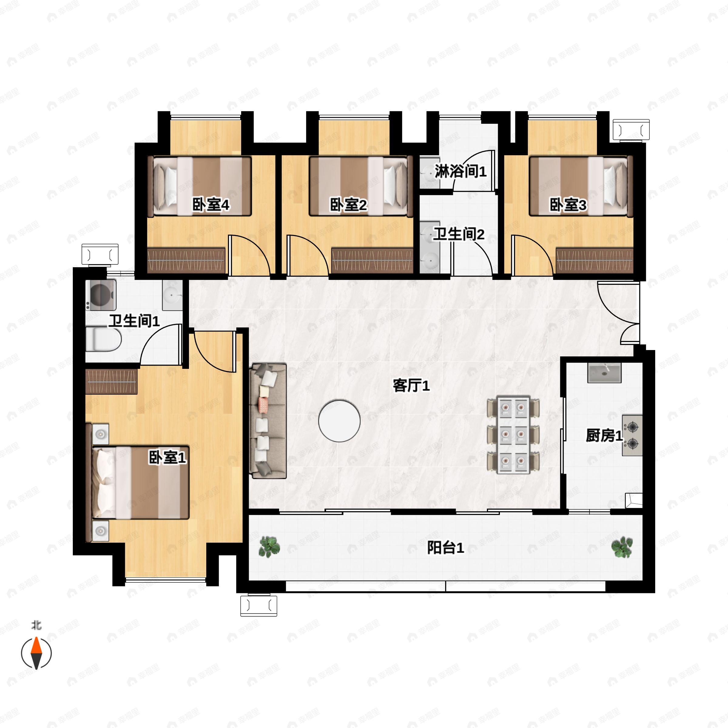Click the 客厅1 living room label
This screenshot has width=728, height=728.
coord(411,386)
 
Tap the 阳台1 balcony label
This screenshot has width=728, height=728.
coord(445,548)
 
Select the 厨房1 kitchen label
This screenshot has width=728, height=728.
coord(604,436)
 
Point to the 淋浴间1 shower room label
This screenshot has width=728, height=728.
coord(460,171)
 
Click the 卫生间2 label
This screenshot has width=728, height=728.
coord(459,234)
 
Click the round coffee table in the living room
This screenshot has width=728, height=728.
coord(339,421)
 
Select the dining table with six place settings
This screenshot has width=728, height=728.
coord(513,434)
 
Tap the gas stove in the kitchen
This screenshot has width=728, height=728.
coord(632,436)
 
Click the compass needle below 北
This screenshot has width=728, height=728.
coord(36,653)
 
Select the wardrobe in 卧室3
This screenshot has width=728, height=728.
coord(595,260)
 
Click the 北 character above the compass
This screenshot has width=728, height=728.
coord(36,625)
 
